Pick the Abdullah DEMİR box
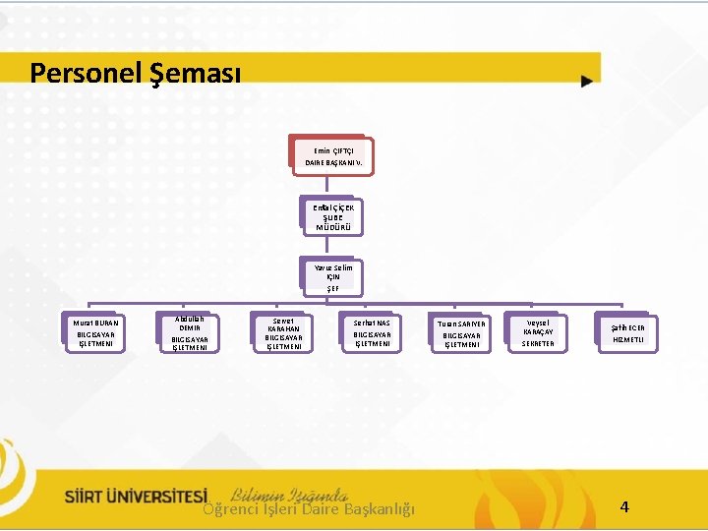(189, 333)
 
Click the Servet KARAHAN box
(283, 333)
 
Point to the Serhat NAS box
(371, 333)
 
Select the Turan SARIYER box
(460, 333)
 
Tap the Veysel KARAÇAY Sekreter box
(538, 332)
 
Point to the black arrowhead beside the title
(587, 82)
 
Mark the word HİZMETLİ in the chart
(627, 339)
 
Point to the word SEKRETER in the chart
(538, 344)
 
